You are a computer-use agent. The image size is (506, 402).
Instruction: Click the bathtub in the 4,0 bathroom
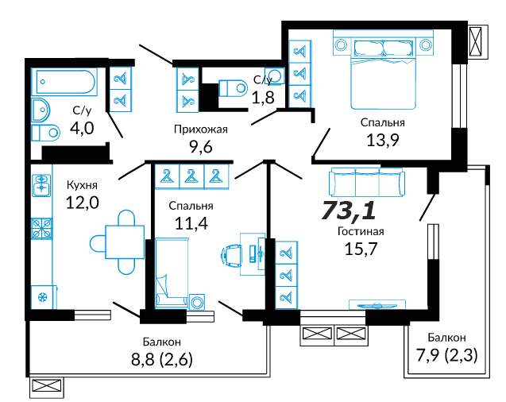point(64,82)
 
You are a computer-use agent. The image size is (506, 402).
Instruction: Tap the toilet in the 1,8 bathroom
point(233,87)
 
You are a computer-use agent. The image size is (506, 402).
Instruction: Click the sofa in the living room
point(367,182)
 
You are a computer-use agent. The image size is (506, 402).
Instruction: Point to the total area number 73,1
point(349,210)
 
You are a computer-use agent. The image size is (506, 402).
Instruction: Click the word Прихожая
point(201,129)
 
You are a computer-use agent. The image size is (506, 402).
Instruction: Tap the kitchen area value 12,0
point(83,203)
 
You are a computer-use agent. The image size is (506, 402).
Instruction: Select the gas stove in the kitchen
point(41,229)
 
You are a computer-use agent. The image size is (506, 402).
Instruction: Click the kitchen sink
point(41,185)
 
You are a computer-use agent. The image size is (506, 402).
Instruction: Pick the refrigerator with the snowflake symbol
point(42,297)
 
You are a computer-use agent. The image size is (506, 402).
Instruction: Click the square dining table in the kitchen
point(125,242)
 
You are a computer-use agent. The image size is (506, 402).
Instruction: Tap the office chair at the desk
point(231,255)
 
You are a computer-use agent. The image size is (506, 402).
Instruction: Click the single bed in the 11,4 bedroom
point(172,273)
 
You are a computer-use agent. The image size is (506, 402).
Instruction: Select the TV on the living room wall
point(377,305)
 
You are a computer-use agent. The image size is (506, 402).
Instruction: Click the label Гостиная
point(361,231)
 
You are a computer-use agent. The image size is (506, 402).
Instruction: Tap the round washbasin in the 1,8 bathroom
point(275,75)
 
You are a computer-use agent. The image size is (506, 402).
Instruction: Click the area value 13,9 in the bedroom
point(383,140)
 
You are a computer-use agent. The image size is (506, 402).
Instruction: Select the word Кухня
point(82,185)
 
